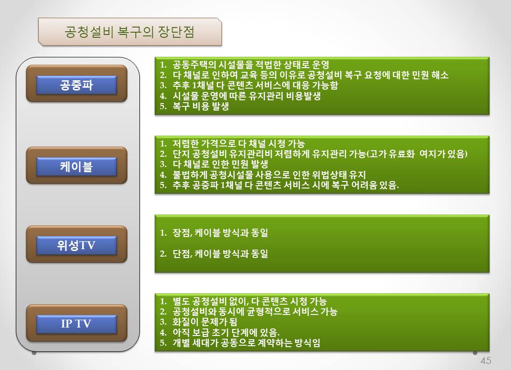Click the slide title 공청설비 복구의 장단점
130,32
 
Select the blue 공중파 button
76,85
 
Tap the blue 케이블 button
76,167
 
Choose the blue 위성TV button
76,245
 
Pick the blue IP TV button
76,324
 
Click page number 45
485,361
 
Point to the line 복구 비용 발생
201,106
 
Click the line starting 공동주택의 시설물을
251,64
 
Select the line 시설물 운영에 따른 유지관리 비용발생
247,96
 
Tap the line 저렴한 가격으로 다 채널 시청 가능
239,143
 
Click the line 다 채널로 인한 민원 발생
221,164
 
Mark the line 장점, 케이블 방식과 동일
221,233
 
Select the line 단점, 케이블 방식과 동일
221,254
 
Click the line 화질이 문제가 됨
205,322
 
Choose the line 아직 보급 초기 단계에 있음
226,333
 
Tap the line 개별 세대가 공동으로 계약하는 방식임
246,343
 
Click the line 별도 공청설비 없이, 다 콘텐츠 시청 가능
249,301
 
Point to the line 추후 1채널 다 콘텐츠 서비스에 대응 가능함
255,85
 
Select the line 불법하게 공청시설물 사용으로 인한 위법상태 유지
269,175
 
